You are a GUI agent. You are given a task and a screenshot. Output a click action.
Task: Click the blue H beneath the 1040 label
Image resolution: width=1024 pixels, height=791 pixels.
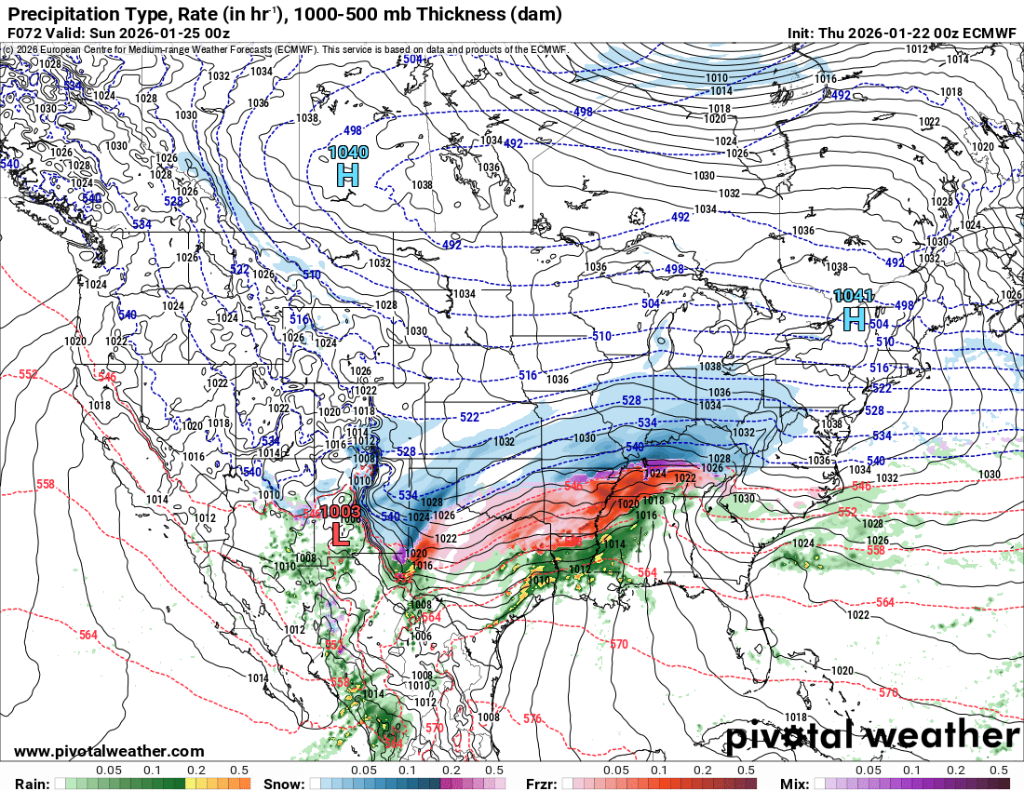pos(347,173)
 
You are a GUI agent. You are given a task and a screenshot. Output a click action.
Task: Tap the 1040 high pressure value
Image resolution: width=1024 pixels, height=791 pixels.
pos(347,152)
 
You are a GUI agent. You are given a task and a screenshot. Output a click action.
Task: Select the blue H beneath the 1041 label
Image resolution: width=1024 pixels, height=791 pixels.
pos(855,319)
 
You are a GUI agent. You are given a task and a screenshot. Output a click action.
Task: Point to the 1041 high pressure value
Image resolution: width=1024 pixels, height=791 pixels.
pos(854,296)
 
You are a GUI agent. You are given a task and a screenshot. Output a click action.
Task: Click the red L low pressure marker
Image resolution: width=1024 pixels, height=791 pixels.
pos(340,534)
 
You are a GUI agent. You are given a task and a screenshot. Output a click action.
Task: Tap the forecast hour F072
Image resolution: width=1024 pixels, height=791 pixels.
pos(25,33)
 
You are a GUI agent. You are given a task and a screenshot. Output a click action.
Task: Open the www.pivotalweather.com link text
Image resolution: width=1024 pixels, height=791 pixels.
pos(109,751)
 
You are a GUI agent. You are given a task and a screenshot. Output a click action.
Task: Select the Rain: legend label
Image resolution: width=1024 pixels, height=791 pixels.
pos(27,784)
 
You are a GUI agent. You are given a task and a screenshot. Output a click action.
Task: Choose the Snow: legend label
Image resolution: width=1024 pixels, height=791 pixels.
pos(284,784)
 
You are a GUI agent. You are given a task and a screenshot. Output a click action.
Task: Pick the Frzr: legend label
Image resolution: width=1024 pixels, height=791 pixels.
pos(542,784)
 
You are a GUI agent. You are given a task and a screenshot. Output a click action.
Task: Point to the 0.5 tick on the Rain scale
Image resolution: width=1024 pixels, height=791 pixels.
pos(239,771)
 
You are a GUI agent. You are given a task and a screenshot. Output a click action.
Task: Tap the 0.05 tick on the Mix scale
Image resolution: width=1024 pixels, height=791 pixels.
pos(868,771)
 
